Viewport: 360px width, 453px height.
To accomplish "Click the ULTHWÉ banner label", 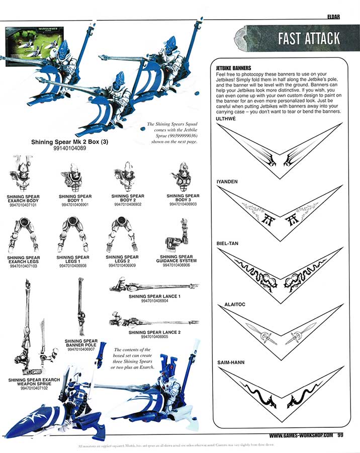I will pyautogui.click(x=225, y=118).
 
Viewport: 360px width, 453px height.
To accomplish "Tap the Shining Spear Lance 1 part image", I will pyautogui.click(x=154, y=287).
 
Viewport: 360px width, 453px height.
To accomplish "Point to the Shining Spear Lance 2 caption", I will pyautogui.click(x=154, y=333).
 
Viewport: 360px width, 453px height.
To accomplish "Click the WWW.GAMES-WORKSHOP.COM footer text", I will pyautogui.click(x=301, y=436).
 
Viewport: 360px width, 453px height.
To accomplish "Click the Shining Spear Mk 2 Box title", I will pyautogui.click(x=70, y=142).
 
